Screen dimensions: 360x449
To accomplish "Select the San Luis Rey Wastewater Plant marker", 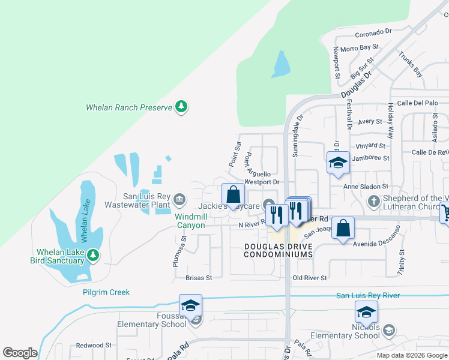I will (x=179, y=199).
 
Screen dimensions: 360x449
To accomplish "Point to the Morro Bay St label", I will (x=359, y=47).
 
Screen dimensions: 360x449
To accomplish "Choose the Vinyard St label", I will (x=370, y=146).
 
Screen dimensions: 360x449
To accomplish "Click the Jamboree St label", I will (x=370, y=158).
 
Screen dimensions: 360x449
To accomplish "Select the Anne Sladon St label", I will (x=366, y=187).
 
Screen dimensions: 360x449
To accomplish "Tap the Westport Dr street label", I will (x=262, y=182).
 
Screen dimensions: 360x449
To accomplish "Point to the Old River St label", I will (x=309, y=278).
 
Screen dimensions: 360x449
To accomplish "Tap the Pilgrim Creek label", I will (x=106, y=292).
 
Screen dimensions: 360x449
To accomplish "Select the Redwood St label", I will (x=94, y=346).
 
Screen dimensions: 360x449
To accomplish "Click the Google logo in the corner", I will (x=20, y=353).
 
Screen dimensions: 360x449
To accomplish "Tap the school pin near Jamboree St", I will (x=338, y=162).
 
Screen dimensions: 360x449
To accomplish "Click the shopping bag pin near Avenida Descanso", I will (x=343, y=229).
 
